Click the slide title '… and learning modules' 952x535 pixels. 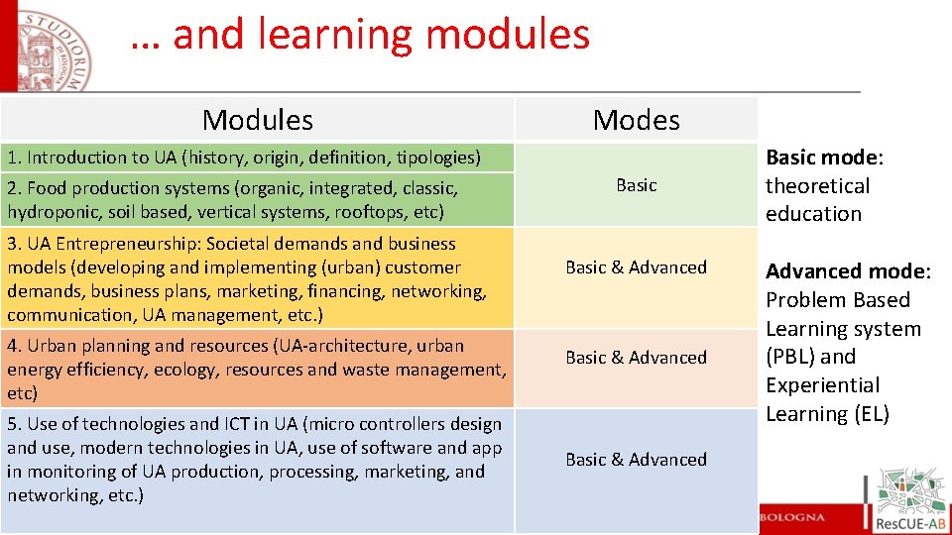pos(360,36)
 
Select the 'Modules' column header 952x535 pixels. pos(257,120)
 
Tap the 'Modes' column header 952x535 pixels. pos(636,120)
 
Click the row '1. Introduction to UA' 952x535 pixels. pos(244,157)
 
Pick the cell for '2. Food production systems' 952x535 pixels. pos(232,199)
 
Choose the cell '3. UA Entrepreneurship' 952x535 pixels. pos(246,278)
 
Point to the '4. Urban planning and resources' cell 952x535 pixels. pos(256,369)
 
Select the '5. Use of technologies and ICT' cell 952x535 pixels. pos(254,459)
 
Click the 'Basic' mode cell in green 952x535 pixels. pos(636,185)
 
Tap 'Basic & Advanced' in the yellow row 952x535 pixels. pos(636,267)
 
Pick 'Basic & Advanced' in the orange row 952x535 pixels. pos(636,358)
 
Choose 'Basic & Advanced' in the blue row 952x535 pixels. pos(636,460)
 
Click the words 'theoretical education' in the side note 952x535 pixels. pos(816,200)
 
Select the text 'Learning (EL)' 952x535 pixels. pos(827,414)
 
